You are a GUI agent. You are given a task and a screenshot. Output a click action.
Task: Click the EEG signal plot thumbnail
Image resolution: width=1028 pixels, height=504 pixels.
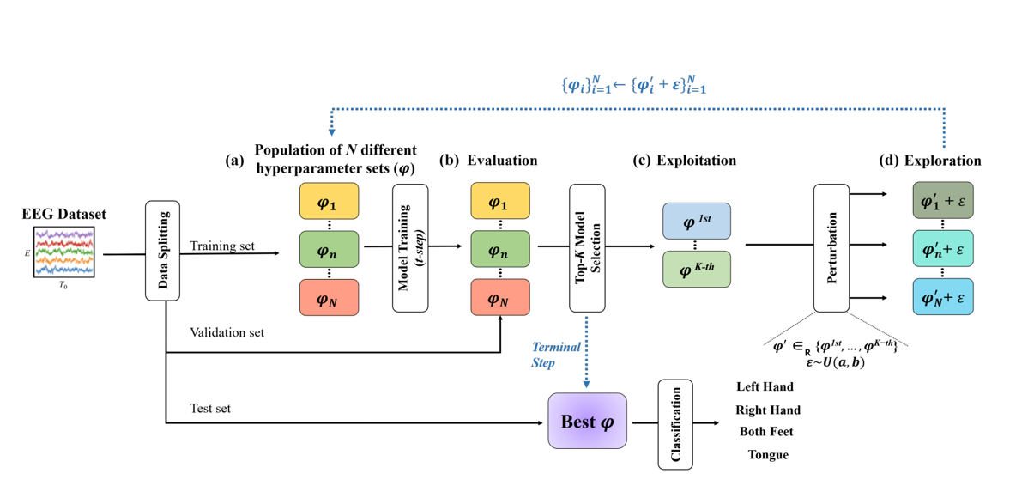64,252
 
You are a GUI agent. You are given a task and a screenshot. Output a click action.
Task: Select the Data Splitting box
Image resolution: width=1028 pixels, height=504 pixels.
162,251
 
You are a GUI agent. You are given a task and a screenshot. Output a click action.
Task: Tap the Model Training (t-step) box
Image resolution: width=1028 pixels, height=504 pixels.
410,248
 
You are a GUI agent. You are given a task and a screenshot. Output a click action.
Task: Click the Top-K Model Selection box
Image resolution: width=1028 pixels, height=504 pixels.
587,248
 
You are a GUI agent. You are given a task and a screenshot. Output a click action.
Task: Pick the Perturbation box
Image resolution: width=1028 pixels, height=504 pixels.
831,247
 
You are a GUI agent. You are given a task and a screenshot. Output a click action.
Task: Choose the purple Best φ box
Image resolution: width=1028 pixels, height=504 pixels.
587,422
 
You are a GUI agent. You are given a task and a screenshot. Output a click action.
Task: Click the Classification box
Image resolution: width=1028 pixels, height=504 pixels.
675,424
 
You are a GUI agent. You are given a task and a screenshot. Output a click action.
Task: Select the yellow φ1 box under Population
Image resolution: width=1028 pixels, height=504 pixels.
329,203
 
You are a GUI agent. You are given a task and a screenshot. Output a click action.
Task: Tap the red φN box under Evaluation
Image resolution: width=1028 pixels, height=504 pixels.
500,297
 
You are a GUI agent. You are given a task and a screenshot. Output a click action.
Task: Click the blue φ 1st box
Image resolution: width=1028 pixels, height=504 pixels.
696,222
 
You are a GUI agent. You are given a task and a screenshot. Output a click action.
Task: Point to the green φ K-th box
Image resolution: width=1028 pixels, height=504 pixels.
696,270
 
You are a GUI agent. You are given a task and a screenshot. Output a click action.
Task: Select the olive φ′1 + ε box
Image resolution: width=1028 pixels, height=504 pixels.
942,201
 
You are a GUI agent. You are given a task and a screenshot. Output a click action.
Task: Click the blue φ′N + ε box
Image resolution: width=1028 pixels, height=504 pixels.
942,297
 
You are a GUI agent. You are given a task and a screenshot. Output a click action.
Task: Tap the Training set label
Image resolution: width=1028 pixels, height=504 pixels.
222,246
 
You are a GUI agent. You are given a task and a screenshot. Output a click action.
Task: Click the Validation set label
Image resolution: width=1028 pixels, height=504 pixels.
227,332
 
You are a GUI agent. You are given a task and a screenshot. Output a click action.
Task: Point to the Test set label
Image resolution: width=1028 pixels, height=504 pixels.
210,409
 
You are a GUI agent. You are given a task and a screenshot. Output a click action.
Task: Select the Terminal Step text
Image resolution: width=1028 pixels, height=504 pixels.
556,355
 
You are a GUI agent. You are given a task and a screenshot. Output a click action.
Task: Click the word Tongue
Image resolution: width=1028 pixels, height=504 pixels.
767,455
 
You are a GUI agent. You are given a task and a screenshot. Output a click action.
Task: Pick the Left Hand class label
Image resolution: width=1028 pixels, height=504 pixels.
765,387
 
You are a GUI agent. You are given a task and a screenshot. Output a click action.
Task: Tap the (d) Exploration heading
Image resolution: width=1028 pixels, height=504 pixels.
930,161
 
